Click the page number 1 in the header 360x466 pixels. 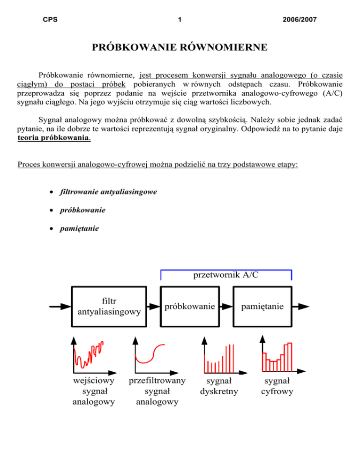click(180, 20)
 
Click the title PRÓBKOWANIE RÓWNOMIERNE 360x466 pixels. click(180, 47)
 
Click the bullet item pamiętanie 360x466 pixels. click(79, 229)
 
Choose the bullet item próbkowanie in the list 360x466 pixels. click(82, 210)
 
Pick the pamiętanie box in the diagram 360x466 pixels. click(262, 307)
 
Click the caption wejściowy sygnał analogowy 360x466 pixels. click(95, 391)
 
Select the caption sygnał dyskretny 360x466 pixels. click(219, 386)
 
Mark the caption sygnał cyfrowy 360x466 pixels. click(277, 386)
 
